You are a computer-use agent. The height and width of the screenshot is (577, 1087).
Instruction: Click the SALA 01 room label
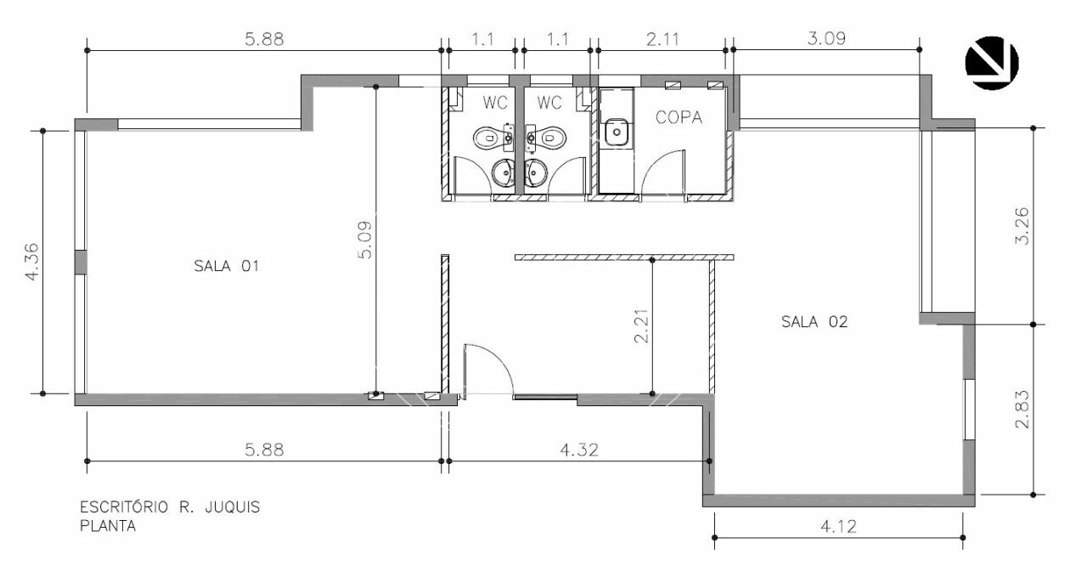tap(226, 266)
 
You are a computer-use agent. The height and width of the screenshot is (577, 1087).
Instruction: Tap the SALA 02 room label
tap(814, 321)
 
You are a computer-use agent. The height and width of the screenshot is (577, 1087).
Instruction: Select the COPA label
tap(679, 117)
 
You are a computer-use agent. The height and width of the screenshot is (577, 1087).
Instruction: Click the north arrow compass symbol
tap(991, 63)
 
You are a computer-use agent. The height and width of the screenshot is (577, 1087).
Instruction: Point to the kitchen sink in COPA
tap(617, 132)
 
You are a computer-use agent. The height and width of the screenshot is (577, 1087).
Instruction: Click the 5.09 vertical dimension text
tap(365, 240)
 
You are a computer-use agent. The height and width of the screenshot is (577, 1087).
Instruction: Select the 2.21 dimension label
tap(641, 326)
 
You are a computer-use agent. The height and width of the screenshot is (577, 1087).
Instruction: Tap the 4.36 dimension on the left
tap(32, 263)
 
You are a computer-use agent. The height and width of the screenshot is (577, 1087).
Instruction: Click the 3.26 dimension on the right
tap(1022, 226)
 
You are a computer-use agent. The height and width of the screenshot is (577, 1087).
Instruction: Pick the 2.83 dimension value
tap(1022, 410)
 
